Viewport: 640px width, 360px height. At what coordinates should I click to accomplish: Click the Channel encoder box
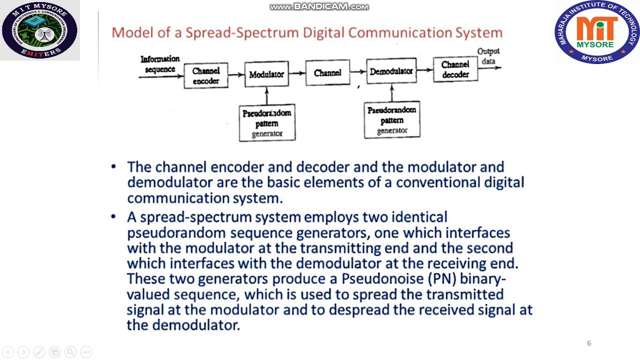click(x=206, y=76)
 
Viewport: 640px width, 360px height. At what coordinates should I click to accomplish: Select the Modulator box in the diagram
click(x=266, y=74)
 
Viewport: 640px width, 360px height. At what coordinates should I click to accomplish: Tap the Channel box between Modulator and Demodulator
click(x=327, y=73)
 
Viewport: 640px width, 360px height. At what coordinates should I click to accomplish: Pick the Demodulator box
click(x=391, y=72)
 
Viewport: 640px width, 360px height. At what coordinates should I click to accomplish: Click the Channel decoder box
click(x=455, y=70)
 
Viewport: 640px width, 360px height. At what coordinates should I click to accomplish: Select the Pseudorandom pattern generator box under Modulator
click(x=267, y=123)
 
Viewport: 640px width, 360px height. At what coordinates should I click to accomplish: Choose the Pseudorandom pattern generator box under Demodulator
click(x=392, y=120)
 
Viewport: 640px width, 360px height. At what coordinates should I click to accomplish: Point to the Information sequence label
click(x=159, y=64)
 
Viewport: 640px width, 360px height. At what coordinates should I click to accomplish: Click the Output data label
click(x=488, y=56)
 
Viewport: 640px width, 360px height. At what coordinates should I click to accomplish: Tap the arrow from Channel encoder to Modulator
click(x=236, y=75)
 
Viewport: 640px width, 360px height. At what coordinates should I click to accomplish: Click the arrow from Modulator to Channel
click(x=297, y=73)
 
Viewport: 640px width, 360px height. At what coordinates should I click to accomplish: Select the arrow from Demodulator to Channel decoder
click(x=424, y=70)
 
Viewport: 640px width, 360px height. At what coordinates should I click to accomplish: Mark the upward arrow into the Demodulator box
click(x=391, y=93)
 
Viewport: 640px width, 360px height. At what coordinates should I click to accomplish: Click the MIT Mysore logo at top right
click(x=597, y=32)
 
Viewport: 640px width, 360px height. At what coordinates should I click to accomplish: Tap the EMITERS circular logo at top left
click(x=39, y=30)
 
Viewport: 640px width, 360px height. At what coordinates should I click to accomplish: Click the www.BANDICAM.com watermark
click(x=319, y=6)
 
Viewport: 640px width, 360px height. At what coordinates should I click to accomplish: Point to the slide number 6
click(x=589, y=343)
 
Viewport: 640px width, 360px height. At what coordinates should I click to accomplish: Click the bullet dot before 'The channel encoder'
click(x=114, y=166)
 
